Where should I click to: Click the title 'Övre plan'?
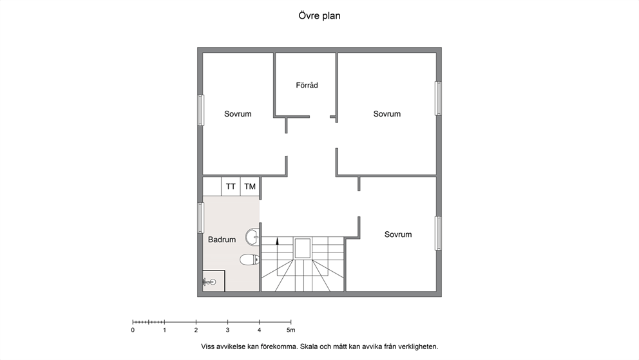[x=319, y=16]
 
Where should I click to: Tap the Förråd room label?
[x=307, y=85]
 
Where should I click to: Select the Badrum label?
[x=222, y=240]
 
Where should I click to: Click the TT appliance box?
[x=231, y=187]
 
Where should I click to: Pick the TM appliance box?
[x=250, y=187]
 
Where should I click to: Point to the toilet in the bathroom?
[x=249, y=260]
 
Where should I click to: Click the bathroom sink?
[x=253, y=237]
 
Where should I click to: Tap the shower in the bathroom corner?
[x=214, y=281]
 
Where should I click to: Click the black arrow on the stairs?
[x=277, y=241]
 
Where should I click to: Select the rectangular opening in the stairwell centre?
[x=302, y=249]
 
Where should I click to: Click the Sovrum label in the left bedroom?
[x=238, y=114]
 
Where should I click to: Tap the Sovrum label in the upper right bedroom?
[x=386, y=114]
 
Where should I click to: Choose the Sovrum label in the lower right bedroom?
[x=398, y=234]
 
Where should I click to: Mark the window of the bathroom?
[x=200, y=218]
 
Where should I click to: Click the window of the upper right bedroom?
[x=438, y=98]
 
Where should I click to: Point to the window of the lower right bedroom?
[x=438, y=233]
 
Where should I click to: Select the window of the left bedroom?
[x=200, y=110]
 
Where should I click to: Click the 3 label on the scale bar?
[x=227, y=330]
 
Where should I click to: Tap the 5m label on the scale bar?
[x=291, y=330]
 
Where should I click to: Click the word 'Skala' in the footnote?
[x=309, y=347]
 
